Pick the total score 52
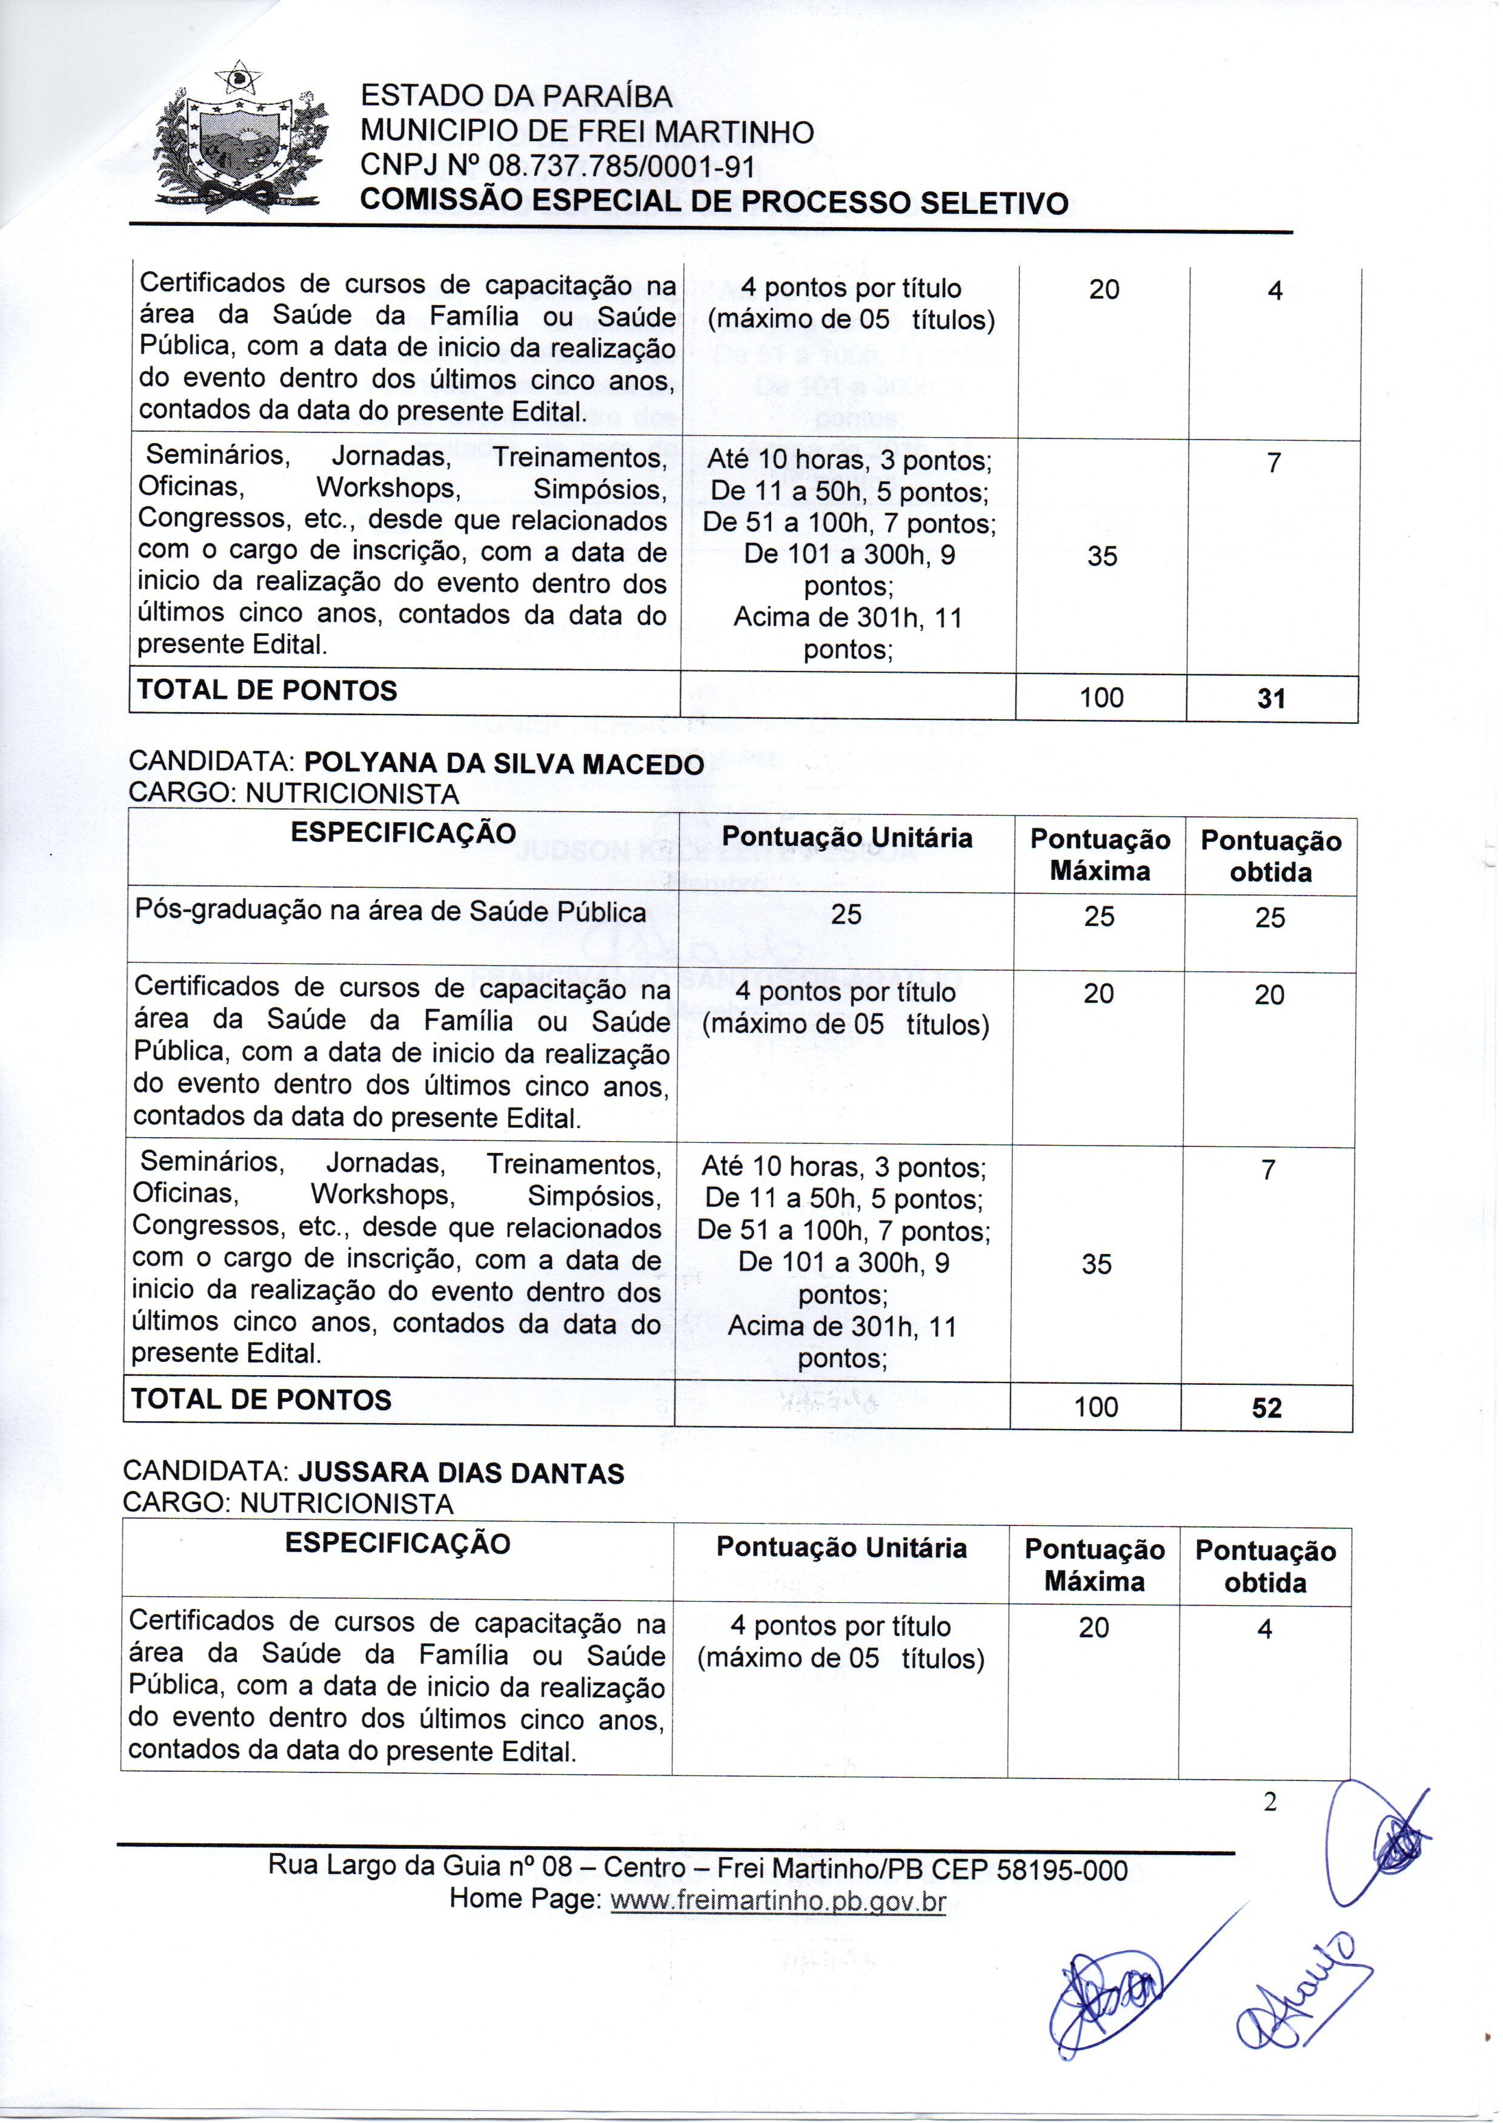pos(1266,1408)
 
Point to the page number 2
pos(1270,1802)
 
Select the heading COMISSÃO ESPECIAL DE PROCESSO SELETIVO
pos(714,202)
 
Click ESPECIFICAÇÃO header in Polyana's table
pos(403,833)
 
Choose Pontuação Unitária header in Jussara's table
pos(841,1548)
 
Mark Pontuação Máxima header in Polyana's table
pos(1100,855)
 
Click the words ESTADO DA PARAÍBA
pos(516,96)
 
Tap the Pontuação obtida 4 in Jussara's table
pos(1264,1629)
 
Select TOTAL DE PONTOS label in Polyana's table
pos(262,1399)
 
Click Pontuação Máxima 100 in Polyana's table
pos(1096,1407)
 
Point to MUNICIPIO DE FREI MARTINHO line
pos(587,132)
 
